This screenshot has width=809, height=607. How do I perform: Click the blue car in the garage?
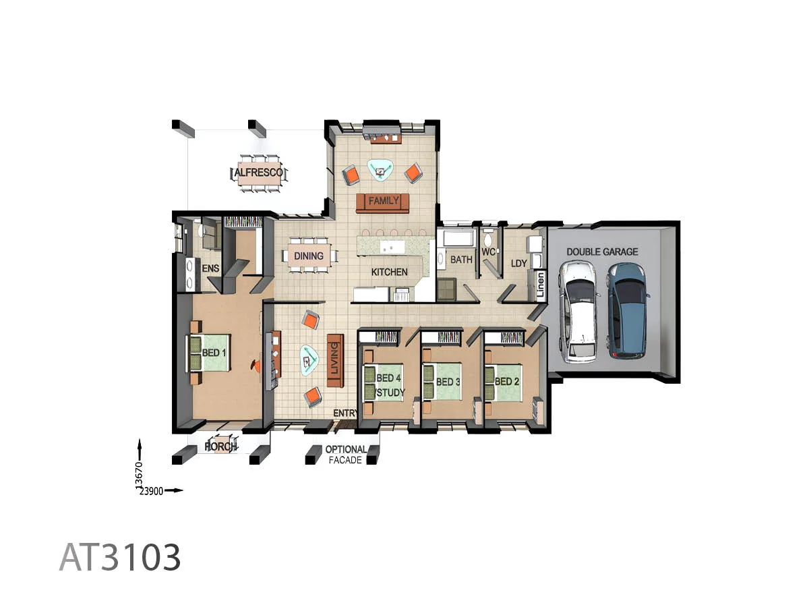(627, 309)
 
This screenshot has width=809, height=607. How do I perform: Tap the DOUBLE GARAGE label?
(602, 252)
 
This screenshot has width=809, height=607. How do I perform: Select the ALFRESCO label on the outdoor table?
(259, 173)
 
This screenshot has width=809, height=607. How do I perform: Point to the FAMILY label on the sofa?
(384, 201)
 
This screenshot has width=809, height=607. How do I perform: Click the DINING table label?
(307, 256)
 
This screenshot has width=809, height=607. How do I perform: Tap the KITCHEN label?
(390, 272)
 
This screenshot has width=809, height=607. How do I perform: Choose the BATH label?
(461, 259)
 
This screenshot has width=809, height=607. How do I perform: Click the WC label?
(488, 252)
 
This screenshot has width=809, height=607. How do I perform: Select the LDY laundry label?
(519, 263)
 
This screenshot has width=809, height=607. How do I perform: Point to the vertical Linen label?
(540, 286)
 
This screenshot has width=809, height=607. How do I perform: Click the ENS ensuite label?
(211, 268)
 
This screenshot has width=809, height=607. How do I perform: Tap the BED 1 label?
(214, 352)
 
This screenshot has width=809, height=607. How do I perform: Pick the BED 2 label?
(506, 382)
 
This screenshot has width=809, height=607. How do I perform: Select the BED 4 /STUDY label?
(389, 385)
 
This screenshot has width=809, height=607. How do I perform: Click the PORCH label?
(221, 446)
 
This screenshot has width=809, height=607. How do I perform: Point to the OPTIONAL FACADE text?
(346, 455)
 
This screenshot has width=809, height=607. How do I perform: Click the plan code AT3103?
(120, 558)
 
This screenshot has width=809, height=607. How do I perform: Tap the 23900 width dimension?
(151, 492)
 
